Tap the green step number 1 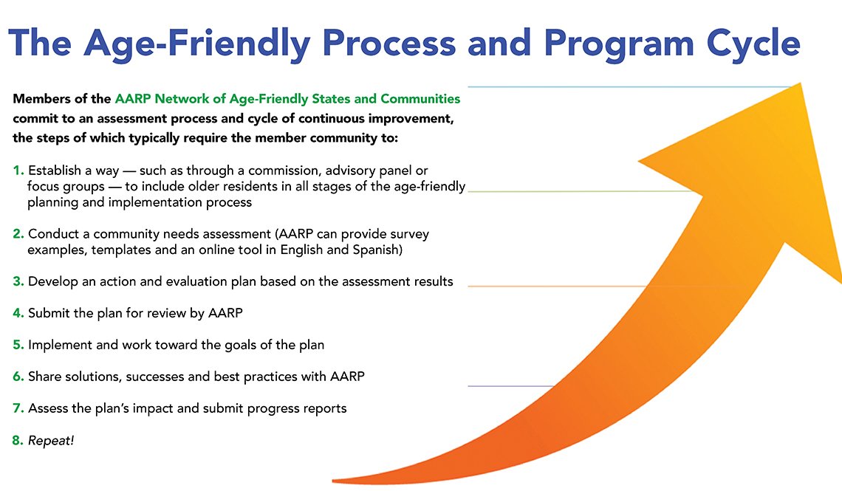[x=18, y=171]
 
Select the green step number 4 [x=18, y=313]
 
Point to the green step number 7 [x=18, y=408]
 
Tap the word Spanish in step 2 [x=377, y=250]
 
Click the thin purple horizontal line [x=510, y=386]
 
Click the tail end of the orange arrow [x=340, y=480]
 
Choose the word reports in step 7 [x=323, y=408]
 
